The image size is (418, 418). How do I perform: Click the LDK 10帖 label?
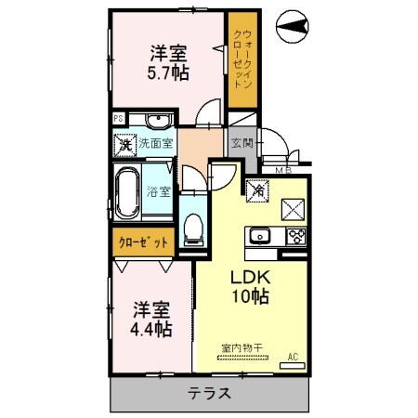(x=249, y=289)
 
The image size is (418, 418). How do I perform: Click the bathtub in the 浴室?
(x=128, y=193)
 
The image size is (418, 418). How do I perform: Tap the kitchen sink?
(x=258, y=235)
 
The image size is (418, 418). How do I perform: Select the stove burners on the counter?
(x=297, y=235)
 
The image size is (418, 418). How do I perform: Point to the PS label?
(x=118, y=118)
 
